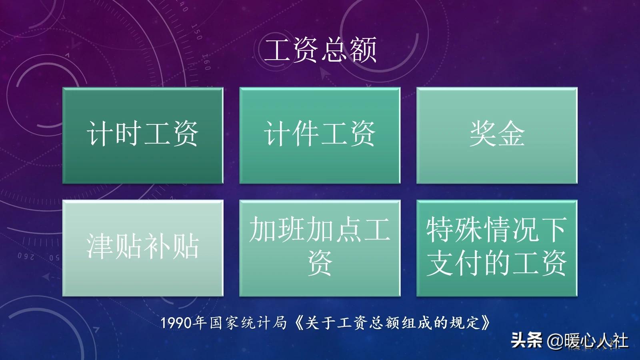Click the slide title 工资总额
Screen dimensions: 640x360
pyautogui.click(x=320, y=50)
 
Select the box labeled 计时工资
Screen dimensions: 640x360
pyautogui.click(x=143, y=135)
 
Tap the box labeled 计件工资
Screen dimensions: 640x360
pyautogui.click(x=320, y=135)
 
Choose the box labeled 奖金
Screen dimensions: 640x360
pyautogui.click(x=497, y=135)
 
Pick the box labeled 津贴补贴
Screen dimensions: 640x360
pyautogui.click(x=143, y=248)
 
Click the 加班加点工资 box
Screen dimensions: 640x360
pyautogui.click(x=320, y=248)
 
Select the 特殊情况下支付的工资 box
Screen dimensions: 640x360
pyautogui.click(x=497, y=248)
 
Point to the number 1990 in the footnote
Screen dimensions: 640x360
pyautogui.click(x=176, y=323)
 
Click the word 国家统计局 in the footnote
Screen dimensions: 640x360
pyautogui.click(x=248, y=323)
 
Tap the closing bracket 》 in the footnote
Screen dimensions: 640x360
pyautogui.click(x=486, y=323)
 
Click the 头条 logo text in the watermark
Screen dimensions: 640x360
pyautogui.click(x=526, y=340)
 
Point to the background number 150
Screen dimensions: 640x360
pyautogui.click(x=196, y=32)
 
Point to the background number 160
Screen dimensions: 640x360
pyautogui.click(x=206, y=62)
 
